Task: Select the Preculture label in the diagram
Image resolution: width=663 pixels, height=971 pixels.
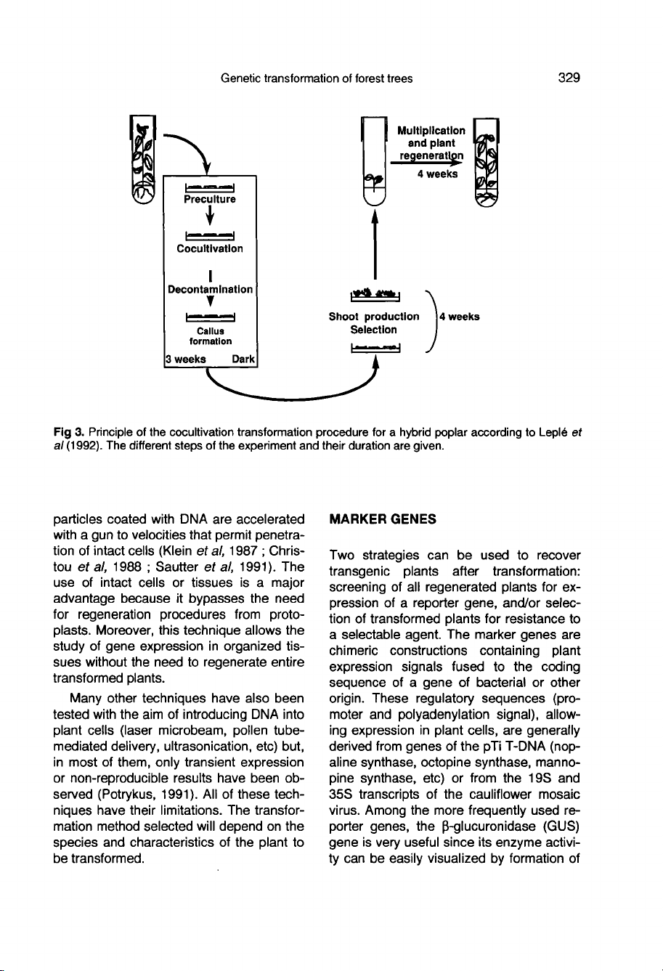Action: (210, 198)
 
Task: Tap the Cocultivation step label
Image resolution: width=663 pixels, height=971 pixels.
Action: (210, 248)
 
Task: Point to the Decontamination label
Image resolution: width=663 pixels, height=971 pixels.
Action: (210, 289)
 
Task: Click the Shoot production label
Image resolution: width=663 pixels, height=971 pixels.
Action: (374, 317)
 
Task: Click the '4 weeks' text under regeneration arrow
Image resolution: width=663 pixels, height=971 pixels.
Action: (436, 174)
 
